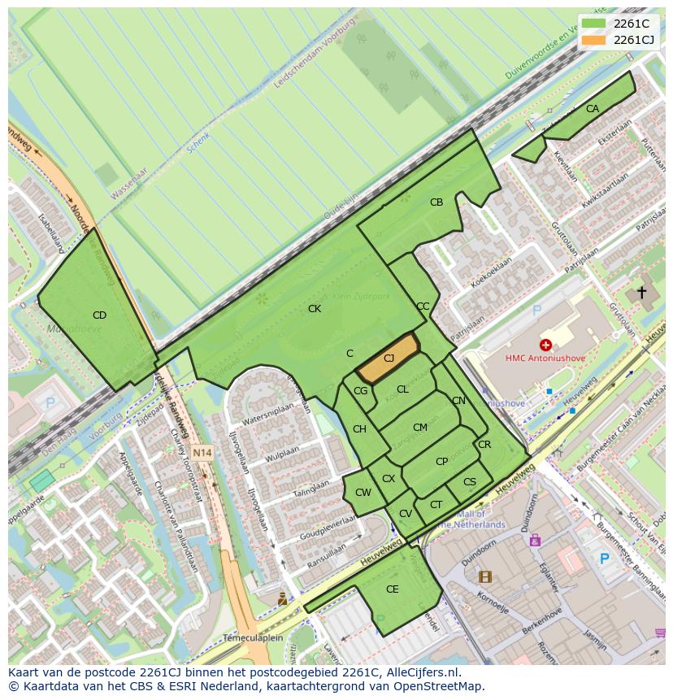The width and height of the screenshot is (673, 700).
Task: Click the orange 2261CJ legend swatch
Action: point(593,40)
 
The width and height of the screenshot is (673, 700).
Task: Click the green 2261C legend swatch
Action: point(593,24)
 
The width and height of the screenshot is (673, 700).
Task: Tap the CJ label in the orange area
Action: point(389,359)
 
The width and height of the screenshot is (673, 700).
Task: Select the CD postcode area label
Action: point(99,315)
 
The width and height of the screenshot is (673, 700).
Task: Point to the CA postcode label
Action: point(592,109)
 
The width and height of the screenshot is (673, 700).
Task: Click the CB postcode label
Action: point(436,202)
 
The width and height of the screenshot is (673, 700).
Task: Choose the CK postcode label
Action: point(315,309)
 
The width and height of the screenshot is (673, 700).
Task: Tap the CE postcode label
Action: point(393,589)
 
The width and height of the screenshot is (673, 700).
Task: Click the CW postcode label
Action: point(363,493)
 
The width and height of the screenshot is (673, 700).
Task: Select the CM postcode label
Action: point(419,428)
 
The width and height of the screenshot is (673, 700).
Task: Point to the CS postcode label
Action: point(470,482)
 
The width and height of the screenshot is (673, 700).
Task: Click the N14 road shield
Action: point(202,453)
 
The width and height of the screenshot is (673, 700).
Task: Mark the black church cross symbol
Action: point(641,292)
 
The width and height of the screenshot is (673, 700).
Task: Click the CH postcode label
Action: point(359,429)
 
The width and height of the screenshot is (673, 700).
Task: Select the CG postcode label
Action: point(361,391)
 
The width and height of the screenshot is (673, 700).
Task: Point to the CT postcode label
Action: point(436,505)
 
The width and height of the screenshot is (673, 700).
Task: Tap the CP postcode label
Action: point(441,462)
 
